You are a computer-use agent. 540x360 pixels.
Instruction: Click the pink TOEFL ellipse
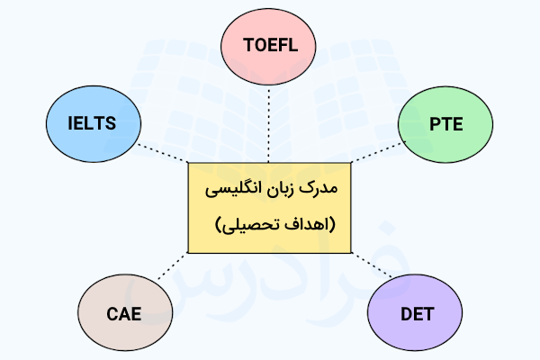pos(268,47)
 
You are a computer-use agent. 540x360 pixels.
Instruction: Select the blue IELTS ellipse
pos(94,123)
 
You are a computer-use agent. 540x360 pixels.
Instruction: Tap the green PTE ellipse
pos(445,124)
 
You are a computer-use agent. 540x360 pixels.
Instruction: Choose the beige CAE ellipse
pos(125,312)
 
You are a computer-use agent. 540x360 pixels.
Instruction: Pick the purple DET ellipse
pos(415,312)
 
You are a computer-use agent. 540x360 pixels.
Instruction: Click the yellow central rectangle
pos(269,208)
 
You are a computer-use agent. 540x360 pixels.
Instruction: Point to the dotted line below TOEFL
pos(268,123)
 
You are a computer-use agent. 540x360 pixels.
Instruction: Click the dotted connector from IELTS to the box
pos(163,153)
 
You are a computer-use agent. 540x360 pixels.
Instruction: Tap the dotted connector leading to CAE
pos(173,266)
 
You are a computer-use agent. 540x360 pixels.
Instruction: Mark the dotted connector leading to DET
pos(372,265)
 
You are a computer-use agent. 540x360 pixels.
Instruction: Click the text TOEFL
pos(270,45)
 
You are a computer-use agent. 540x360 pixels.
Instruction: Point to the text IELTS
pos(92,123)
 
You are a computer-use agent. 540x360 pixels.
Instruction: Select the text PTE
pos(446,124)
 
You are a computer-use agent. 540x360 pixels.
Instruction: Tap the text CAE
pos(124,314)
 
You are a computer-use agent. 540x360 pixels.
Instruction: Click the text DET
pos(417,314)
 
